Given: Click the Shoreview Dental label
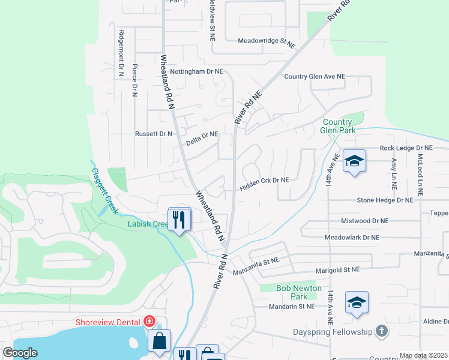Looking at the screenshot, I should pyautogui.click(x=108, y=322).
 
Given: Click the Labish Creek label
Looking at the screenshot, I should pyautogui.click(x=148, y=224).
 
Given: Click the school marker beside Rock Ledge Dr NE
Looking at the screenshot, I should pyautogui.click(x=354, y=161).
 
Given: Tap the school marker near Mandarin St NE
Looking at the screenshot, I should pyautogui.click(x=357, y=303).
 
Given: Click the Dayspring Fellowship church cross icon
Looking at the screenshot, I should pyautogui.click(x=381, y=331).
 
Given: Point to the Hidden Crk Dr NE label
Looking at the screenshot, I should pyautogui.click(x=265, y=180).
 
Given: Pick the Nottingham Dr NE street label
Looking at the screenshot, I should pyautogui.click(x=196, y=71).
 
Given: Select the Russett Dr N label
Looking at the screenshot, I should pyautogui.click(x=153, y=134).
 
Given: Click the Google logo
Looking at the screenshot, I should pyautogui.click(x=20, y=353).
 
